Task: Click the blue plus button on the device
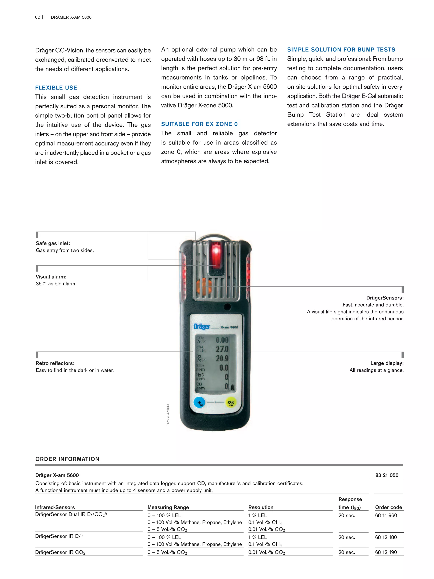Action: [199, 403]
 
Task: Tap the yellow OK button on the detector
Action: [231, 403]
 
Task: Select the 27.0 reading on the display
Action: [222, 349]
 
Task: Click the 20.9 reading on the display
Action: [222, 358]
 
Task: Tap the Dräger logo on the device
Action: [202, 326]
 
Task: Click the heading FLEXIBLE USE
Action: [56, 88]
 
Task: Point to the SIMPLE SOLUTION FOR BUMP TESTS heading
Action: [341, 50]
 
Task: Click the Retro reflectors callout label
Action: [55, 363]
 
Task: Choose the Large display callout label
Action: [387, 363]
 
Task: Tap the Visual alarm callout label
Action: [51, 277]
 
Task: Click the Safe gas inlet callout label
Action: [53, 243]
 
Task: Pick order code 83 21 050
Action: [387, 475]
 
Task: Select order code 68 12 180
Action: [386, 537]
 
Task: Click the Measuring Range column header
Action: [168, 507]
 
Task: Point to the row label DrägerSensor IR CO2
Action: [60, 552]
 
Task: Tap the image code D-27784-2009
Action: [168, 415]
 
